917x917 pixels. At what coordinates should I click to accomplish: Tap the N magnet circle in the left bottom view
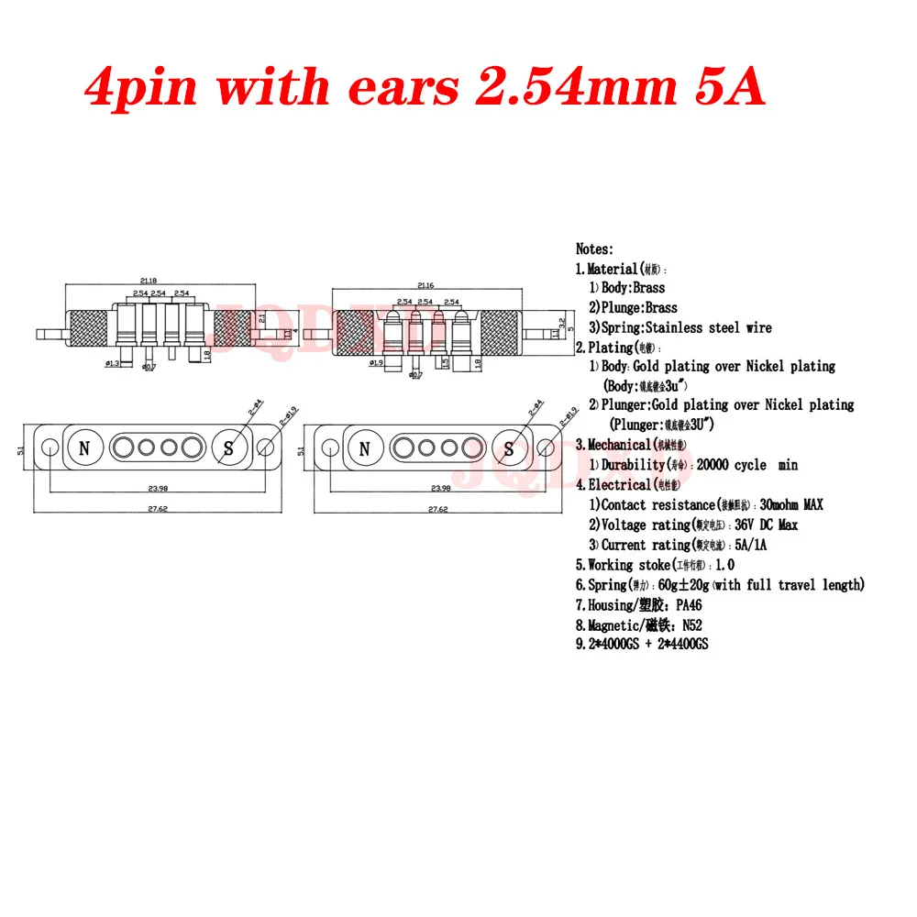[85, 448]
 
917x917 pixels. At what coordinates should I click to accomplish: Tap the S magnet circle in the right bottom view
[509, 448]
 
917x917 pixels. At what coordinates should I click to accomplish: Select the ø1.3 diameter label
[114, 365]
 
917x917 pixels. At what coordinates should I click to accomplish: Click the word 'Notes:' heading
[594, 249]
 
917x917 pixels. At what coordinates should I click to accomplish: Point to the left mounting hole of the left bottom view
[49, 448]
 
